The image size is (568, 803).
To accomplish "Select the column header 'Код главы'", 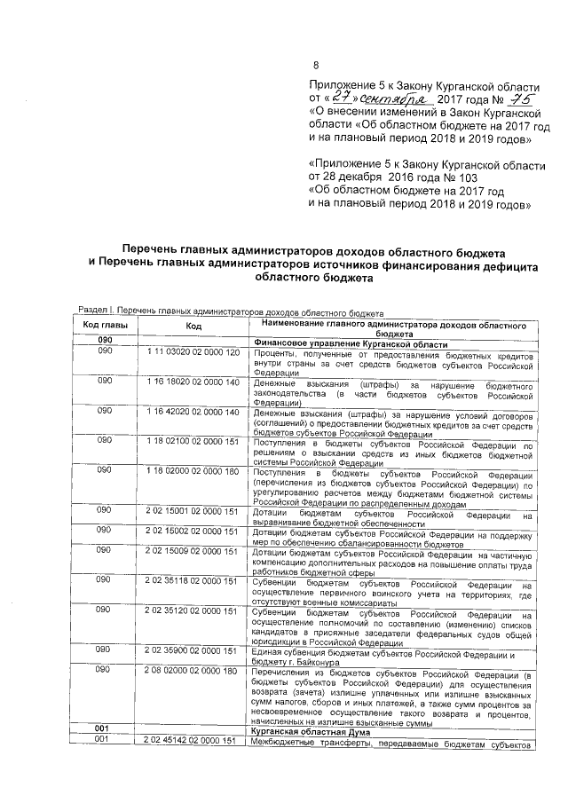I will coord(105,326).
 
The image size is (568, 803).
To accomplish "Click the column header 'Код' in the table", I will coord(193,327).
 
